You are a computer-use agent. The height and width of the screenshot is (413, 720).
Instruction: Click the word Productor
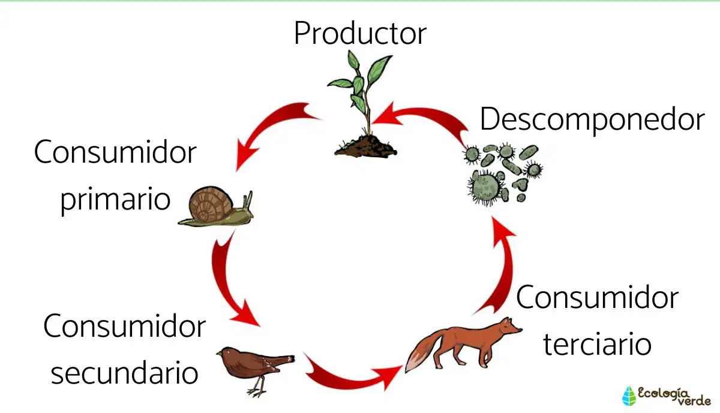coord(361,33)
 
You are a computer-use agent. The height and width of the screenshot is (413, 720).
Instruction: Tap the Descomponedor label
coord(592,119)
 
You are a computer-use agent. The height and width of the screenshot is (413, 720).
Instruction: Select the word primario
coord(115,200)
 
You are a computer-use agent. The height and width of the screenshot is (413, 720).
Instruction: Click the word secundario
coord(124,373)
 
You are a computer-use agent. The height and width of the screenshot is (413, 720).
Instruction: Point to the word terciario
coord(597,344)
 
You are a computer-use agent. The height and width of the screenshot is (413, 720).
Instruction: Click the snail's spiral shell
coord(211,204)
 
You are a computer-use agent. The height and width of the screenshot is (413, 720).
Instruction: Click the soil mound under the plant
coord(366,146)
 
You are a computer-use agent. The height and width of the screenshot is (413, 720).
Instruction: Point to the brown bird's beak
coord(219,354)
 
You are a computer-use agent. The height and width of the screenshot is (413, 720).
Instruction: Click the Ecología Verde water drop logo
coord(629,396)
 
